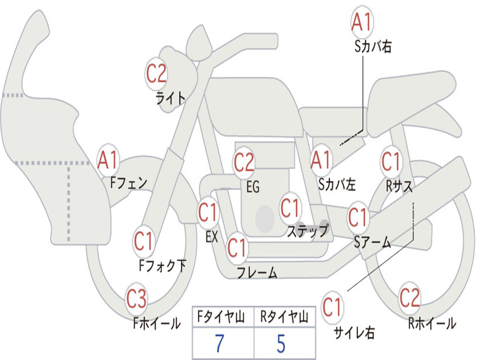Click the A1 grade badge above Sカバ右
(362, 22)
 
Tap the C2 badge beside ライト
(156, 74)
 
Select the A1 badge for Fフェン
(108, 160)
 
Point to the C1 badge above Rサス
(390, 162)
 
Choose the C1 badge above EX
(208, 213)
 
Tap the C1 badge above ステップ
(290, 208)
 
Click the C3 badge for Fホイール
(136, 300)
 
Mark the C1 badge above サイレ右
(332, 308)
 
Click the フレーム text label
(256, 272)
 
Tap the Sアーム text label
(372, 242)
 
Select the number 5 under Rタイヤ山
(281, 344)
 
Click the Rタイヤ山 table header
(284, 318)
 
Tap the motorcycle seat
(408, 98)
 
